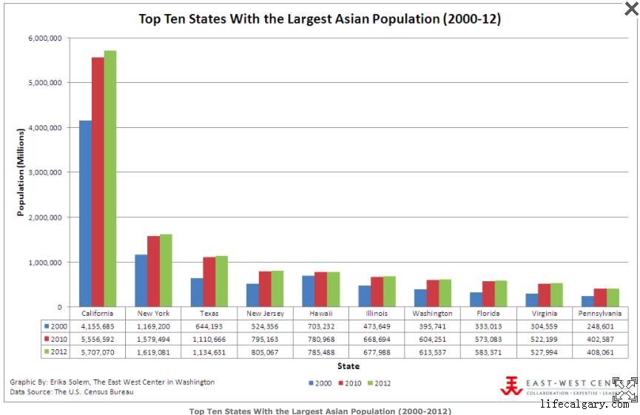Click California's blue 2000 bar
tap(85, 215)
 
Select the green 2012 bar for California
tap(110, 178)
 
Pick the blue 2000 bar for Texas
tap(197, 293)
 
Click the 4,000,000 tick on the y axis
tap(46, 127)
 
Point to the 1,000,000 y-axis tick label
tap(46, 263)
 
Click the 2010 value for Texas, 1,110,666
tap(209, 339)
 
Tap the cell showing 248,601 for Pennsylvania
tap(600, 325)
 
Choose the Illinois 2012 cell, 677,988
tap(377, 352)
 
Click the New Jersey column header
tap(265, 313)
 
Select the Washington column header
tap(432, 313)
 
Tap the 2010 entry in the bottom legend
tap(350, 383)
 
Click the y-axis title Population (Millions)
tap(21, 172)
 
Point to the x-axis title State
tap(348, 366)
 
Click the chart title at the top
tap(320, 19)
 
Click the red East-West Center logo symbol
tap(511, 385)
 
